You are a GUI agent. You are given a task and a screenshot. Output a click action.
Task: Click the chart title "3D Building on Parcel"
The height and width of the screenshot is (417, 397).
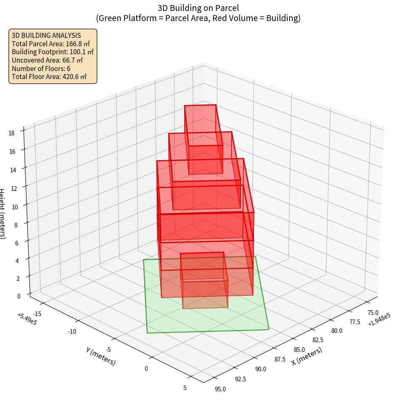point(198,8)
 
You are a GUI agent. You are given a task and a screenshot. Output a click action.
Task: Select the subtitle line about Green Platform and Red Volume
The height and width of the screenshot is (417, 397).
point(198,18)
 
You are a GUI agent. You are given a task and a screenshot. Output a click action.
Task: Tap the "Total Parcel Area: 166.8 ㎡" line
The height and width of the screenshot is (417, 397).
point(51,44)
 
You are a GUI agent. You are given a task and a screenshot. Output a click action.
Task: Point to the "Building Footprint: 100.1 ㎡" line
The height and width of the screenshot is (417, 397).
point(53,52)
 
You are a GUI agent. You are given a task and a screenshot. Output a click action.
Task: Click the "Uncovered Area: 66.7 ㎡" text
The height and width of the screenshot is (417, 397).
point(48,60)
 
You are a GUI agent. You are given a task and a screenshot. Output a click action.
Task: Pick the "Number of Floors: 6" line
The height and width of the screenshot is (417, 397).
point(41,69)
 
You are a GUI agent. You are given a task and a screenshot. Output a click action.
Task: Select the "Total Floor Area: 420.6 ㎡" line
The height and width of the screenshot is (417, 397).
point(49,77)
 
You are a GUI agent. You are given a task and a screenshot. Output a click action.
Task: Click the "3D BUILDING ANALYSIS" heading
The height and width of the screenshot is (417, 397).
point(46,36)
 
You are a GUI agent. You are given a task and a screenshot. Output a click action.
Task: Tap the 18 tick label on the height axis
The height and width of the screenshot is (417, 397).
point(11,133)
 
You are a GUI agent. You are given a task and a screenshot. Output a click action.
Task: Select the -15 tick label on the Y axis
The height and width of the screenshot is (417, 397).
point(37,314)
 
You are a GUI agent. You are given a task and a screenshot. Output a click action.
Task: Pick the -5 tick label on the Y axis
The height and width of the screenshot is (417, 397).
point(109,350)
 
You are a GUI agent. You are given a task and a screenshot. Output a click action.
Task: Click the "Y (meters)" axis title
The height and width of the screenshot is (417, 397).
point(101,356)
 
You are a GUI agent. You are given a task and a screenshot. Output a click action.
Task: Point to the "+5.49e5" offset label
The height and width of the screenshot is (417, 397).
point(27,319)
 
